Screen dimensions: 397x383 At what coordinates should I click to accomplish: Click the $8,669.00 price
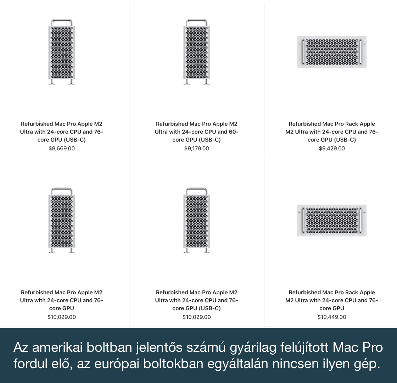click(x=62, y=149)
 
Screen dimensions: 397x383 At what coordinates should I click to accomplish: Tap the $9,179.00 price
click(x=196, y=149)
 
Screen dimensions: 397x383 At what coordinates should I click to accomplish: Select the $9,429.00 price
click(x=332, y=149)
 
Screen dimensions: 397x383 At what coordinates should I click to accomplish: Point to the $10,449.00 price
click(x=332, y=317)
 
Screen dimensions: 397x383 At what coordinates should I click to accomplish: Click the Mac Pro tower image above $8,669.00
click(x=62, y=52)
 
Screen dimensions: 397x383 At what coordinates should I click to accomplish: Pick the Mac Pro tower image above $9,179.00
click(x=196, y=52)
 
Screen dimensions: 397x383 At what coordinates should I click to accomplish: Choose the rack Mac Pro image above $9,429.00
click(x=332, y=52)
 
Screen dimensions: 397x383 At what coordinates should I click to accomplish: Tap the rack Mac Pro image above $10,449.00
click(x=332, y=220)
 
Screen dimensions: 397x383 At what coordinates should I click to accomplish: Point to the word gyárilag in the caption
click(x=253, y=348)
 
